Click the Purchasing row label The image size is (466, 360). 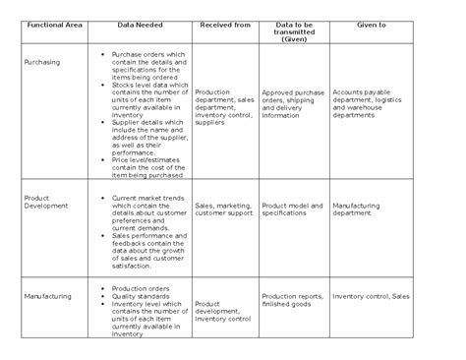tap(41, 62)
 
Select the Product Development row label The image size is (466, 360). tap(45, 202)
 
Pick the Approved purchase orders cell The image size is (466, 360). tap(293, 102)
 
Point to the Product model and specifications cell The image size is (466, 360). tap(293, 208)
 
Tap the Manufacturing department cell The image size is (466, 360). tap(356, 208)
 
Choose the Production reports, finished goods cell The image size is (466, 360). tap(293, 300)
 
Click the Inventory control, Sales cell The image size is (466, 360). tap(371, 295)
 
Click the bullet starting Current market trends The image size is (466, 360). tap(147, 210)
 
